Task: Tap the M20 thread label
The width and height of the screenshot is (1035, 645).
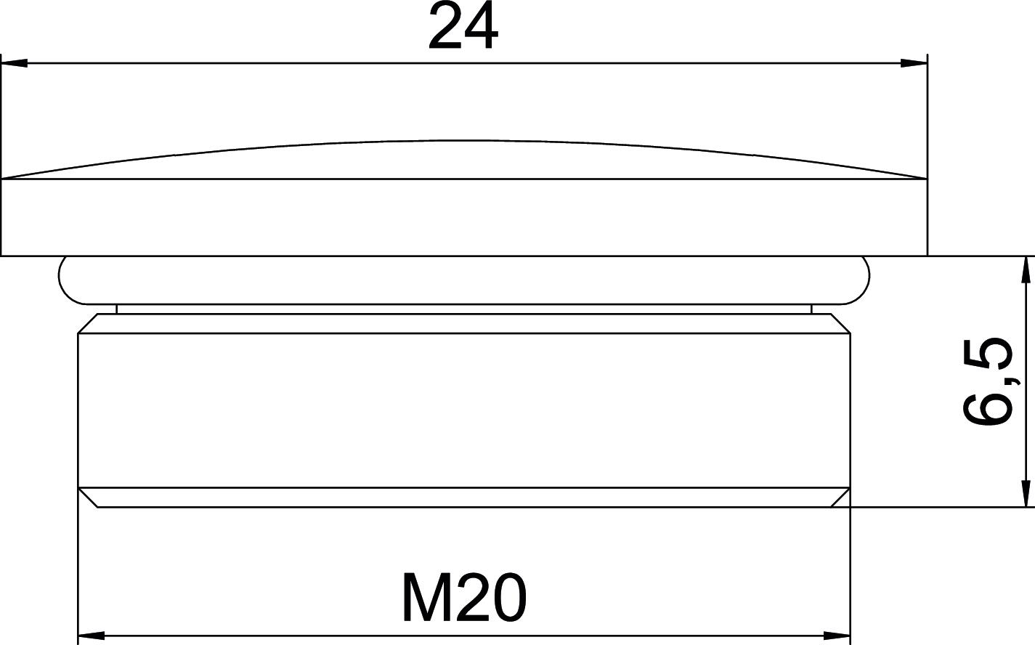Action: pyautogui.click(x=464, y=597)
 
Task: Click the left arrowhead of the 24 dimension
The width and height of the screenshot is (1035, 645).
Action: pyautogui.click(x=15, y=63)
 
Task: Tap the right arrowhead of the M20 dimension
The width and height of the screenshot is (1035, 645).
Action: pyautogui.click(x=837, y=636)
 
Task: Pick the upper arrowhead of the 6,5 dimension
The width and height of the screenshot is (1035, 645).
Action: pyautogui.click(x=1026, y=269)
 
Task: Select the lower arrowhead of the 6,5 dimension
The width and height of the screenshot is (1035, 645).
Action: pyautogui.click(x=1026, y=494)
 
